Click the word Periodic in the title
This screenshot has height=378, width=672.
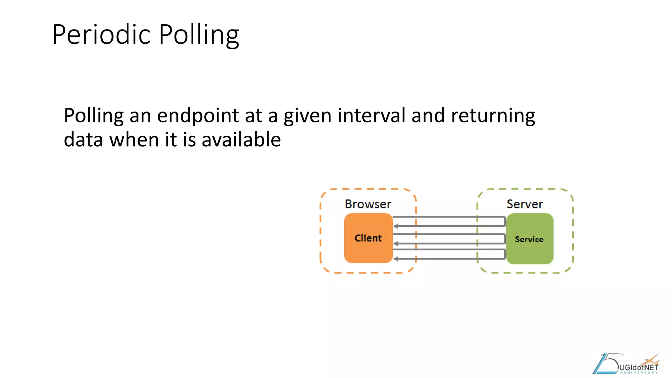click(101, 34)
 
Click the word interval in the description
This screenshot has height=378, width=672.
click(371, 115)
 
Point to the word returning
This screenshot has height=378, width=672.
click(493, 116)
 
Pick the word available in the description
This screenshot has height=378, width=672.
click(241, 139)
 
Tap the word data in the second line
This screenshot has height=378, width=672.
click(83, 139)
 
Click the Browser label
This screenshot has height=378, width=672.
click(368, 204)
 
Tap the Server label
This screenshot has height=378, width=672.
click(525, 204)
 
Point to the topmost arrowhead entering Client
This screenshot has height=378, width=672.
click(396, 226)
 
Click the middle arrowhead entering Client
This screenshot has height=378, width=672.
click(396, 243)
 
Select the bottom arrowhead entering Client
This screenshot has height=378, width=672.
click(396, 259)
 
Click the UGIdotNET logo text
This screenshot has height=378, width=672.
click(638, 367)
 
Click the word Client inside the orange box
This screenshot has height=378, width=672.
click(368, 238)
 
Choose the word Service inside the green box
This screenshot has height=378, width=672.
click(529, 240)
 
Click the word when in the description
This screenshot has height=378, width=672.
click(134, 139)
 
